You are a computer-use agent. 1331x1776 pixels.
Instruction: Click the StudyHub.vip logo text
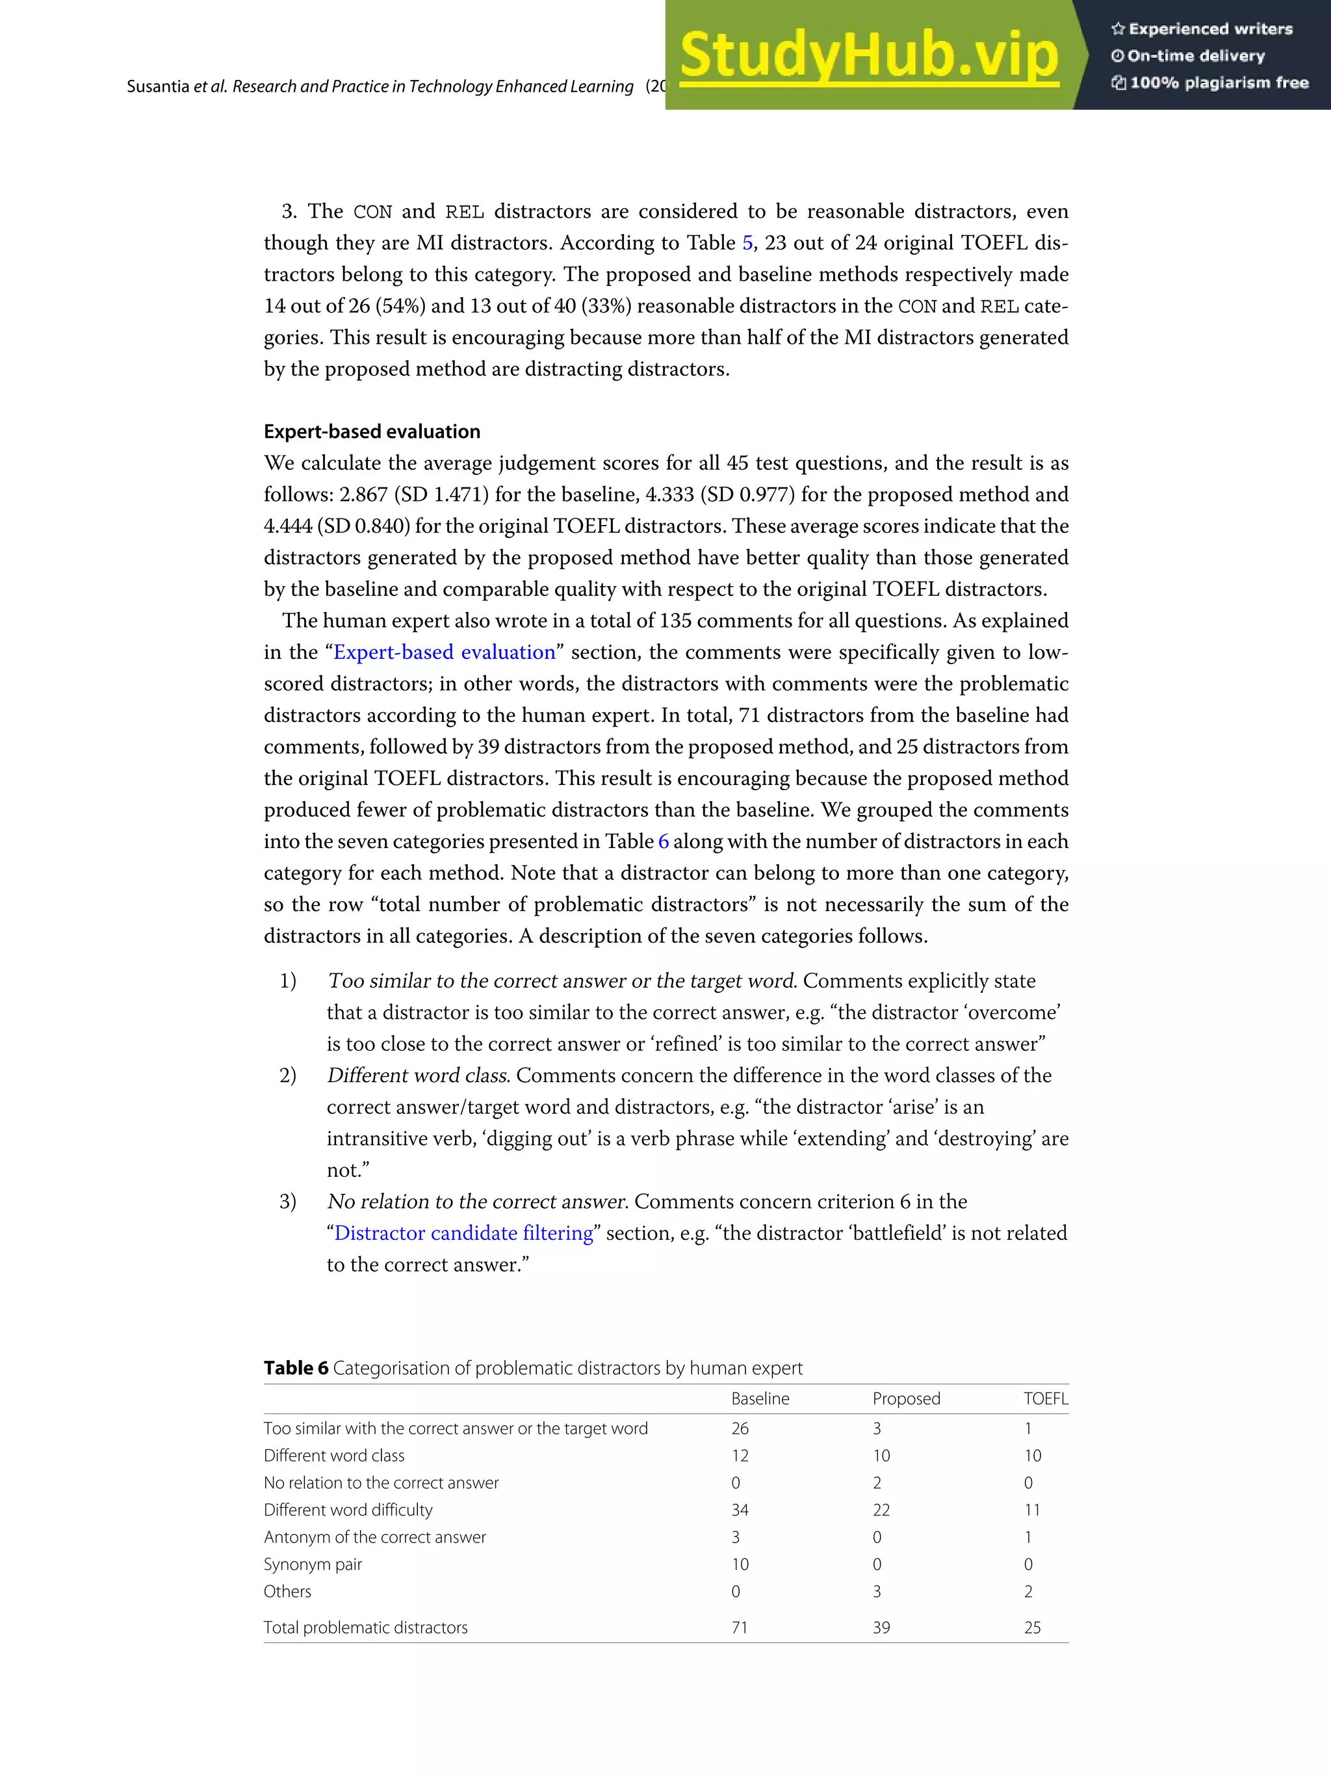point(869,55)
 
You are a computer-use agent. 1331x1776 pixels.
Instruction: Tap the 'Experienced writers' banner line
point(1202,29)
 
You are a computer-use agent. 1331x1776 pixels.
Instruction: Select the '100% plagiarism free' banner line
point(1209,83)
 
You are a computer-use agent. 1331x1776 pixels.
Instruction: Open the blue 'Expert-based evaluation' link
point(444,652)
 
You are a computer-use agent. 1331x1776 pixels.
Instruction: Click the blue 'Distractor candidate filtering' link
point(463,1233)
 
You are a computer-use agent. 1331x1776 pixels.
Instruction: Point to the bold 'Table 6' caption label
point(296,1367)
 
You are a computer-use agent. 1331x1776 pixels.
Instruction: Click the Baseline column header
point(760,1398)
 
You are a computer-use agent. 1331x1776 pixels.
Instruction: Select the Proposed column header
point(905,1398)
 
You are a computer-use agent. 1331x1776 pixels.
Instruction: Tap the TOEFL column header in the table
point(1045,1398)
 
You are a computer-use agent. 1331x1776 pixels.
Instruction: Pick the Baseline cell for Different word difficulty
point(740,1510)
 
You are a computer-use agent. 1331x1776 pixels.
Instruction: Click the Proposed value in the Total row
point(881,1627)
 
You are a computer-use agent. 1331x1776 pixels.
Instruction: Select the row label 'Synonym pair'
point(313,1564)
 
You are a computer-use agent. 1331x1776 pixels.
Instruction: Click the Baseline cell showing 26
point(740,1428)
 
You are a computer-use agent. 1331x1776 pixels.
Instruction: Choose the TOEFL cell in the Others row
point(1027,1591)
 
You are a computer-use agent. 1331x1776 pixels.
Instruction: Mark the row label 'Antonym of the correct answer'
point(374,1537)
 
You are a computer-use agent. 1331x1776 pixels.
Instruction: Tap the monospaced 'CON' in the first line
point(372,212)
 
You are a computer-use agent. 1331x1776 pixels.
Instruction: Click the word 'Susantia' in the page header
point(157,86)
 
